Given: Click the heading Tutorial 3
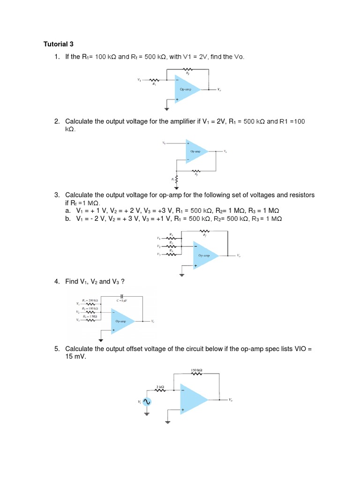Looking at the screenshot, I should coord(59,45).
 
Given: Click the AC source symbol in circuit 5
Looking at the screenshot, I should coord(147,402).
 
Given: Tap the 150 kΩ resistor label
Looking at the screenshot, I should coord(196,371).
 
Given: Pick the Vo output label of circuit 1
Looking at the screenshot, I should coord(219,90).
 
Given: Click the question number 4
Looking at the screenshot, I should coord(56,281).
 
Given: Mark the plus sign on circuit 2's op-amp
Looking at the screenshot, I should coord(188,143).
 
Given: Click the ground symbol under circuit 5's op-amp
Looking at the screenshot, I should coord(167,420).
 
